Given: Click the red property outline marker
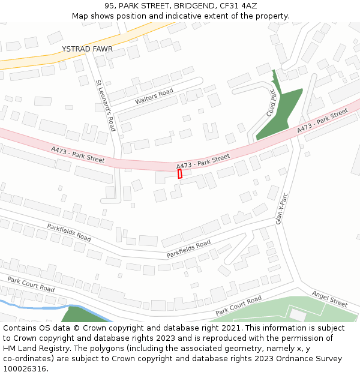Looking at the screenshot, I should click(x=180, y=173).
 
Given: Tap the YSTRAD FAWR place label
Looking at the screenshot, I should click(x=87, y=49).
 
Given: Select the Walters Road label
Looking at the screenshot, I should click(x=154, y=96).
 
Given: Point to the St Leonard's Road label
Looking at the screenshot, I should click(x=106, y=105).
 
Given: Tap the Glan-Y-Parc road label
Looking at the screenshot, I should click(x=283, y=209).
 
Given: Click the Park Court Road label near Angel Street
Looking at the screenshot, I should click(x=239, y=305).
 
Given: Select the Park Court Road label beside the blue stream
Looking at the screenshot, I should click(x=31, y=284).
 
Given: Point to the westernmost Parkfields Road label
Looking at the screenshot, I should click(x=69, y=233).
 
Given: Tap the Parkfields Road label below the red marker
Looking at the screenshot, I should click(x=189, y=248).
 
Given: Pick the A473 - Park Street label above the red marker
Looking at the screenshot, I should click(x=203, y=161).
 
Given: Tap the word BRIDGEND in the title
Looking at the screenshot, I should click(x=190, y=5).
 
